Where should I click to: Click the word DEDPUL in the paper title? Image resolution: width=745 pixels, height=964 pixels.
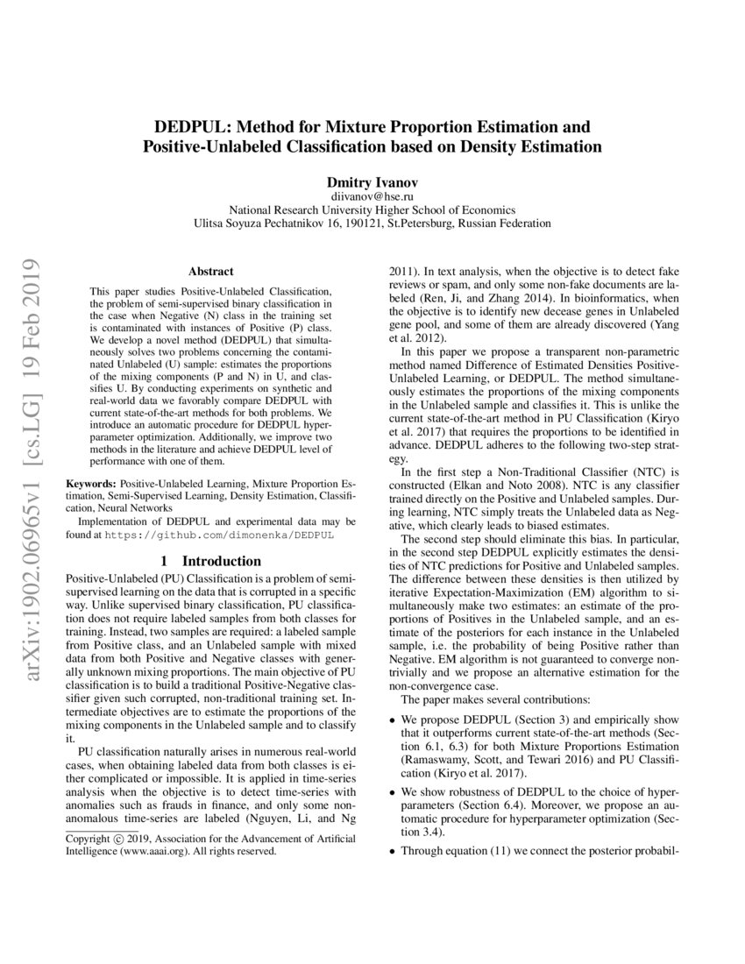195,126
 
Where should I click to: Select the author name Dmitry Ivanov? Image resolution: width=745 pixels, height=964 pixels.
372,182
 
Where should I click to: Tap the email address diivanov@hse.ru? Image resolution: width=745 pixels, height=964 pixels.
372,197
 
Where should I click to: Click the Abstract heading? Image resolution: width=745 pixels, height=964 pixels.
210,273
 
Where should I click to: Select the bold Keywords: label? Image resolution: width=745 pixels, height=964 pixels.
92,483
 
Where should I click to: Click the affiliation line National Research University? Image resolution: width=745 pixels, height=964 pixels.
372,210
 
